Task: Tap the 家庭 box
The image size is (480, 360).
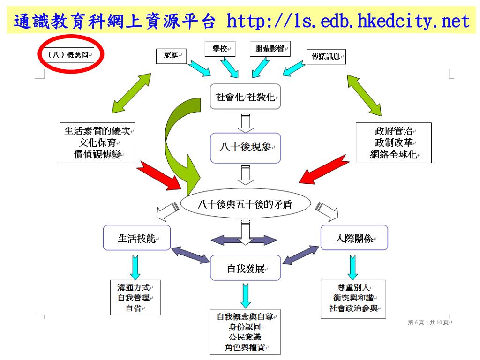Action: pyautogui.click(x=171, y=56)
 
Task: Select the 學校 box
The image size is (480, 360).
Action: pyautogui.click(x=220, y=49)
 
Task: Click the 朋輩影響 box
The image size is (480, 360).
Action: pyautogui.click(x=270, y=49)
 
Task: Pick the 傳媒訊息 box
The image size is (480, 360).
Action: pyautogui.click(x=326, y=57)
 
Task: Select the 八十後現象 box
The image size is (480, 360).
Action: pyautogui.click(x=245, y=147)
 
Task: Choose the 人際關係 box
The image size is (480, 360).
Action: pyautogui.click(x=354, y=238)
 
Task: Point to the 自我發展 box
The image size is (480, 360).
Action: pyautogui.click(x=245, y=269)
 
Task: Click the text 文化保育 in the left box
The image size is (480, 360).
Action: pyautogui.click(x=97, y=143)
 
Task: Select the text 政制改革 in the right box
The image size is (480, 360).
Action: pyautogui.click(x=393, y=143)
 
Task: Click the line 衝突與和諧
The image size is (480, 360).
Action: pyautogui.click(x=353, y=298)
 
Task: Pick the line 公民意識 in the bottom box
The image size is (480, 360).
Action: pyautogui.click(x=245, y=337)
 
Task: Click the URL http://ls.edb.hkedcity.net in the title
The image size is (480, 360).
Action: pyautogui.click(x=347, y=22)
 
